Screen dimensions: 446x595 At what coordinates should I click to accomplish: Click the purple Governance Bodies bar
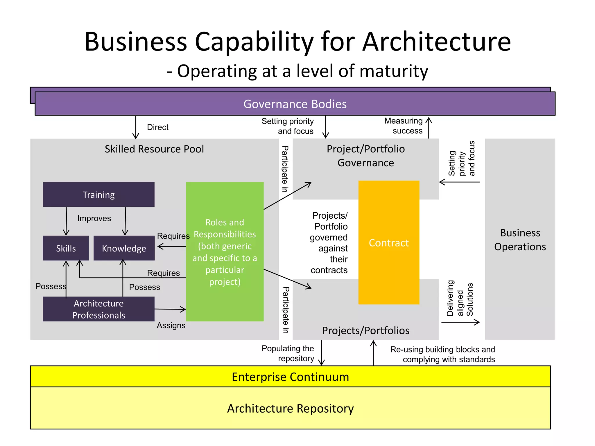click(x=295, y=104)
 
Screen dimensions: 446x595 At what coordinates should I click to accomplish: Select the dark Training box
click(x=98, y=195)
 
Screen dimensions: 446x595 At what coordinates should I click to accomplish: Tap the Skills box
click(x=66, y=248)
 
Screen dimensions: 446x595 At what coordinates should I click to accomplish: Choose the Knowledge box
click(x=124, y=248)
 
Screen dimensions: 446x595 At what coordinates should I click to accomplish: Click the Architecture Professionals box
click(x=98, y=309)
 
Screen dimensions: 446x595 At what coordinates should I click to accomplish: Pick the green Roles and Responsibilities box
click(x=225, y=252)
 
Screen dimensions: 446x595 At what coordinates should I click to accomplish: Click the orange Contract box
click(x=389, y=243)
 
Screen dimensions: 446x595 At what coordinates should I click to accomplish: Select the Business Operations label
click(x=520, y=240)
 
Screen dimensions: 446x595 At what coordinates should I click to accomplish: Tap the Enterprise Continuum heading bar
click(x=290, y=377)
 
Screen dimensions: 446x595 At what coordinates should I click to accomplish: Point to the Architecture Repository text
click(x=290, y=408)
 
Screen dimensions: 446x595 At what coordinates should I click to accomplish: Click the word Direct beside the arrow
click(x=157, y=127)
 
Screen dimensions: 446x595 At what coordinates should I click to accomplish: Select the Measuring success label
click(x=404, y=126)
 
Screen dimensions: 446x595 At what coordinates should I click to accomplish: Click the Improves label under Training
click(x=94, y=218)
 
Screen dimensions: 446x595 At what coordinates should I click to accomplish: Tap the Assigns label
click(x=171, y=325)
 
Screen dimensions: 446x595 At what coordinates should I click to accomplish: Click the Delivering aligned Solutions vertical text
click(x=460, y=298)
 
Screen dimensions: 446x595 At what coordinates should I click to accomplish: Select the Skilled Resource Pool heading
click(x=154, y=149)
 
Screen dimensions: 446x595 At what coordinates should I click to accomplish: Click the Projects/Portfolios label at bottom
click(x=365, y=330)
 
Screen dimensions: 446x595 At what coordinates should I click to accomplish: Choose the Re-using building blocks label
click(x=443, y=354)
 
